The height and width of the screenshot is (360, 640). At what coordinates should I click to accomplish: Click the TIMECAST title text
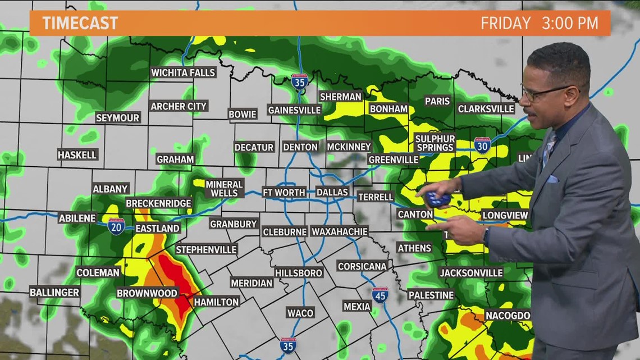point(80,23)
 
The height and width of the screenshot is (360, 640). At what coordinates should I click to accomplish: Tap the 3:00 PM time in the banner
point(570,23)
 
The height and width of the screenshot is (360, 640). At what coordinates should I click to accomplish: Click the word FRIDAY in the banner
point(505,23)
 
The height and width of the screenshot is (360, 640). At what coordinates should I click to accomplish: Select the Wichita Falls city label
point(183,72)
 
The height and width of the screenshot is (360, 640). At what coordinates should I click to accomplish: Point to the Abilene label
point(77,218)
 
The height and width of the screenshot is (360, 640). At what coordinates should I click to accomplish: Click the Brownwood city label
point(147,293)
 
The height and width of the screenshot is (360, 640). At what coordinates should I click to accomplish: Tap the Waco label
point(300,312)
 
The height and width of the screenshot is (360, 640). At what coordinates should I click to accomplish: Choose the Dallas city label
point(332,192)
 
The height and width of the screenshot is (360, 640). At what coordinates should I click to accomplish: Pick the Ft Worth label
point(284,192)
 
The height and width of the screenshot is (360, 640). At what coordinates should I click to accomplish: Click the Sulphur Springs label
point(435,143)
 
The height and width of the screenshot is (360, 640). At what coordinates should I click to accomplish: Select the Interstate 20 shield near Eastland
point(116,226)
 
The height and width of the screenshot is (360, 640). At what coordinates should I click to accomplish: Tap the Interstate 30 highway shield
point(482,145)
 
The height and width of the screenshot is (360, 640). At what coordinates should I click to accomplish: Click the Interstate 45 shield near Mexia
point(380,295)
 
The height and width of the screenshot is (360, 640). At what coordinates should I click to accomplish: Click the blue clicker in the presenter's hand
point(437,199)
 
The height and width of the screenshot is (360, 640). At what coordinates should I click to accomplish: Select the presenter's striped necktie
point(548,148)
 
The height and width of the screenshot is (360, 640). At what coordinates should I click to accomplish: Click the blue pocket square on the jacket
point(552,179)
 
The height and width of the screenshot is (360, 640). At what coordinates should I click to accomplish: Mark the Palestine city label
point(431,295)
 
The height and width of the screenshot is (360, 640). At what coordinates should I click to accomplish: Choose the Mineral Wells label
point(224,189)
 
